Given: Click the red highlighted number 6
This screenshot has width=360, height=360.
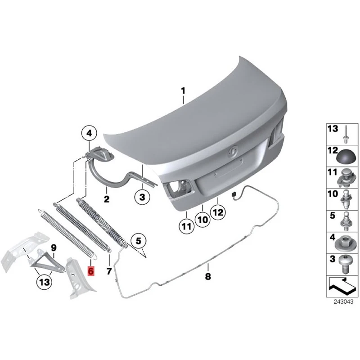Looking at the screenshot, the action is tap(90, 271).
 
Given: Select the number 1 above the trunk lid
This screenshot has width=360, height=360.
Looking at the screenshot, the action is tap(183, 91).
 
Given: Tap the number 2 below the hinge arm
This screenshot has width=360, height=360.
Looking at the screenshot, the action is tap(107, 198).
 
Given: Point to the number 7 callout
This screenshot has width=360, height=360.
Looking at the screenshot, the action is tap(108, 271).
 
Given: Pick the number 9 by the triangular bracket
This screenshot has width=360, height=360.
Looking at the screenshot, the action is tap(54, 247).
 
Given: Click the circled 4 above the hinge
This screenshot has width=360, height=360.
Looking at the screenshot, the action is tap(89, 133).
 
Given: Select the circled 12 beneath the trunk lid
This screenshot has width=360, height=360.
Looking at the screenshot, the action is tap(218, 213).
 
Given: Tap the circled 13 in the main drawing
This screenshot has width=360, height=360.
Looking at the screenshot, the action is tap(45, 282).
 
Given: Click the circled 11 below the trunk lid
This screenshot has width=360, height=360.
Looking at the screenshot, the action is tap(185, 227).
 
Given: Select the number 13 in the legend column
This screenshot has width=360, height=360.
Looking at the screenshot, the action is tap(333, 129).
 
